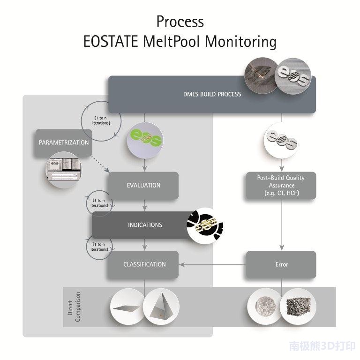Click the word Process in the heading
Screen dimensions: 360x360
(180, 21)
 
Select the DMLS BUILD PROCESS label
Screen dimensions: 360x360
(212, 94)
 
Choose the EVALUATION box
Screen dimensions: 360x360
(143, 185)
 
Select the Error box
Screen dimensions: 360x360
(281, 264)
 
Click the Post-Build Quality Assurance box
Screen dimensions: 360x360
(281, 185)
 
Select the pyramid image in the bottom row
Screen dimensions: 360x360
(161, 307)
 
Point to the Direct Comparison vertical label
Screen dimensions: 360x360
(74, 307)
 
